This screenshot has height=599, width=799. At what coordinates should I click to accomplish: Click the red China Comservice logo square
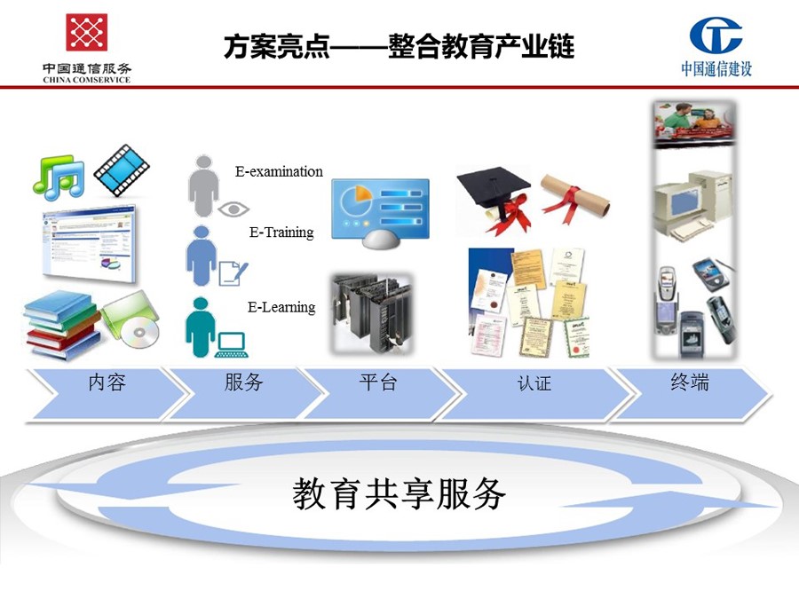pos(86,32)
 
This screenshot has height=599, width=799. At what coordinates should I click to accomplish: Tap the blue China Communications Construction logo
pos(716,35)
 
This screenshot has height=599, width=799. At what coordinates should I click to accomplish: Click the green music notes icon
pos(59,177)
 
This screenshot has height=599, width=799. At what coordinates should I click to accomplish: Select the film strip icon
pos(122,170)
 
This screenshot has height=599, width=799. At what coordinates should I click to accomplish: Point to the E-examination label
pos(279,171)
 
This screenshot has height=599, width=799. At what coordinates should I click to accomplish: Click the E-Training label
pos(281,233)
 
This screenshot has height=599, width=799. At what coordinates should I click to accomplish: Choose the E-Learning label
pos(281,307)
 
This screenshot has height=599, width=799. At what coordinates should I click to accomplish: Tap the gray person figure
pos(203,186)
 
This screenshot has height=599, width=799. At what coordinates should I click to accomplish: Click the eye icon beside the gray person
pos(233,209)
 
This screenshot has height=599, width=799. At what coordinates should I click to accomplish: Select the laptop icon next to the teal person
pos(232,345)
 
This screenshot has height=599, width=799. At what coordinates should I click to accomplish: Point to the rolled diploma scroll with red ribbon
pos(574,198)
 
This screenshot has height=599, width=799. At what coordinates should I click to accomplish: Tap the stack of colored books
pos(61,325)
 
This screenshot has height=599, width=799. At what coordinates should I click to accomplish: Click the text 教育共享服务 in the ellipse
pos(399,493)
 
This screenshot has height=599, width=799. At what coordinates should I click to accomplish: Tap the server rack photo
pos(371,314)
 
